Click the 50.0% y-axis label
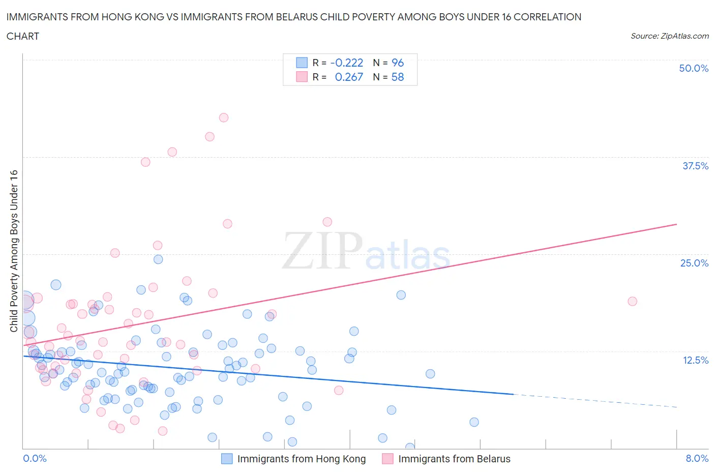pyautogui.click(x=694, y=68)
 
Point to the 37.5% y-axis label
pyautogui.click(x=695, y=166)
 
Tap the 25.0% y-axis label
pyautogui.click(x=694, y=263)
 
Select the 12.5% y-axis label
pyautogui.click(x=695, y=360)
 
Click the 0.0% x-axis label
pyautogui.click(x=35, y=458)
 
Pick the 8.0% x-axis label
pyautogui.click(x=697, y=458)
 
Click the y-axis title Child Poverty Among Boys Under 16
pyautogui.click(x=14, y=251)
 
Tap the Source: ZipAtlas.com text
pyautogui.click(x=669, y=36)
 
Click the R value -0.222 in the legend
pyautogui.click(x=346, y=63)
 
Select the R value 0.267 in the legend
pyautogui.click(x=349, y=77)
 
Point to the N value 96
pyautogui.click(x=397, y=63)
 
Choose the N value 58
pyautogui.click(x=397, y=77)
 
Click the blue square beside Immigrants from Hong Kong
pyautogui.click(x=227, y=459)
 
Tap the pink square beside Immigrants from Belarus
pyautogui.click(x=388, y=459)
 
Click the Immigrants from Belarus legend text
pyautogui.click(x=454, y=459)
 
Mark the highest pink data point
pyautogui.click(x=224, y=117)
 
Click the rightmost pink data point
pyautogui.click(x=632, y=301)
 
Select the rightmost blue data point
pyautogui.click(x=474, y=422)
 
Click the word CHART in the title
pyautogui.click(x=23, y=36)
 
